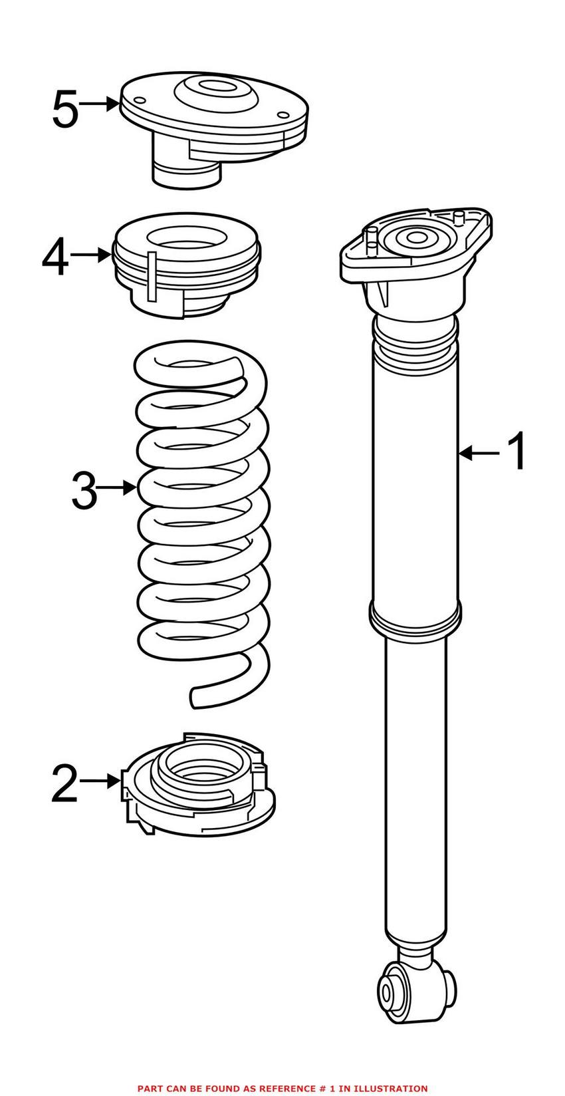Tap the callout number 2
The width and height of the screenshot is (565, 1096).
[x=64, y=783]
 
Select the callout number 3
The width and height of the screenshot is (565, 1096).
[x=84, y=489]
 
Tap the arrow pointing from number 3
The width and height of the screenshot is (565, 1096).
[x=118, y=488]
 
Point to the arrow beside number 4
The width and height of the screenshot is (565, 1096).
[x=89, y=254]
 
